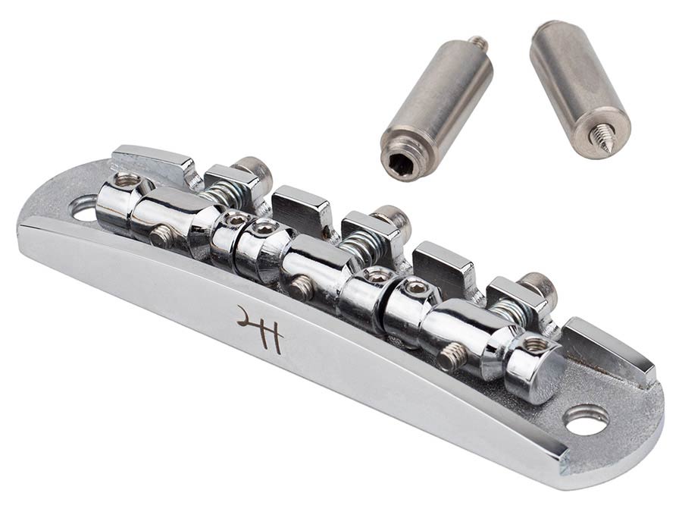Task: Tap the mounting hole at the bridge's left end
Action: click(x=85, y=208)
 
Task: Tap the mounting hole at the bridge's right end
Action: click(x=587, y=419)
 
